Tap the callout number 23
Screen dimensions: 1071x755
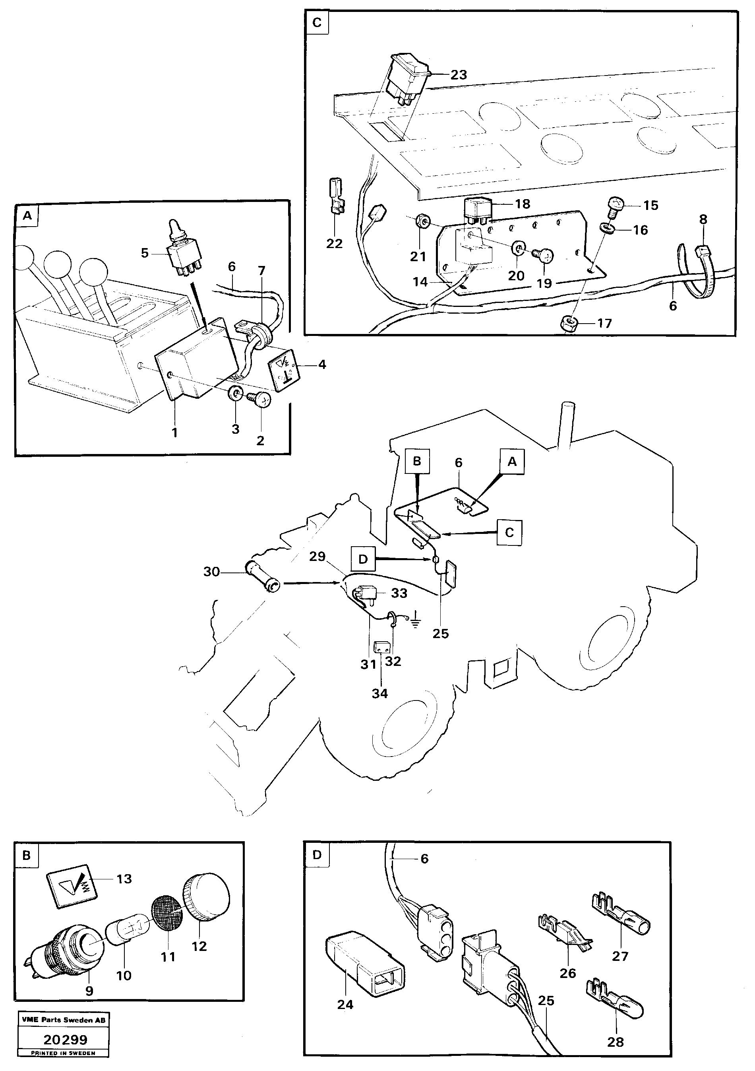point(459,75)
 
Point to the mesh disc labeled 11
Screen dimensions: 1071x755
point(167,913)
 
